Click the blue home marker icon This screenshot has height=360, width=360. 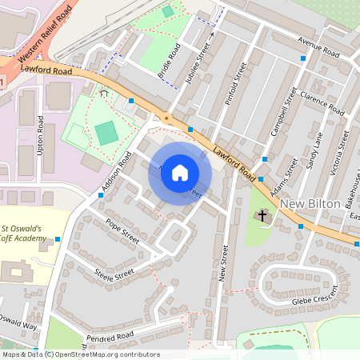tap(180, 173)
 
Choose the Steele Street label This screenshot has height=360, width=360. tap(114, 275)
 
